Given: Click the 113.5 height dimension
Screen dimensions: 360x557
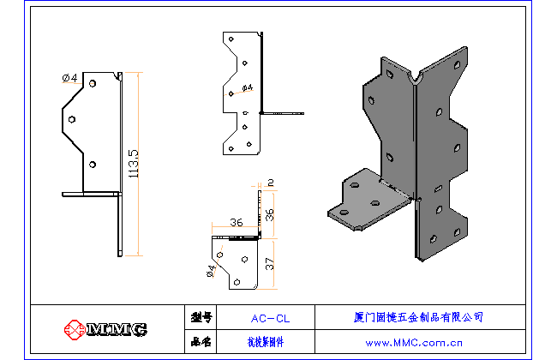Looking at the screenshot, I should click(133, 164).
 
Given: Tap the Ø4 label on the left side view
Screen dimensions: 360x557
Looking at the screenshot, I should click(70, 78).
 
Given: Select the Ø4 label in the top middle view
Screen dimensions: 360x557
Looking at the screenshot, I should click(248, 88).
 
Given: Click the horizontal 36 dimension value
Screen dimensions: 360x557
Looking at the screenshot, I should click(237, 223).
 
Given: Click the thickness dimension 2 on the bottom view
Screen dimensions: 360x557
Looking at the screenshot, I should click(271, 182).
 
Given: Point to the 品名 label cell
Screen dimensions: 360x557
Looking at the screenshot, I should click(201, 342).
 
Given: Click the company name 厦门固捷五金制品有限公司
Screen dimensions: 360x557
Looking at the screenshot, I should click(419, 317).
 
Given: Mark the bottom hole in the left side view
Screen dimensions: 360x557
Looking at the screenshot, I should click(93, 164).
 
